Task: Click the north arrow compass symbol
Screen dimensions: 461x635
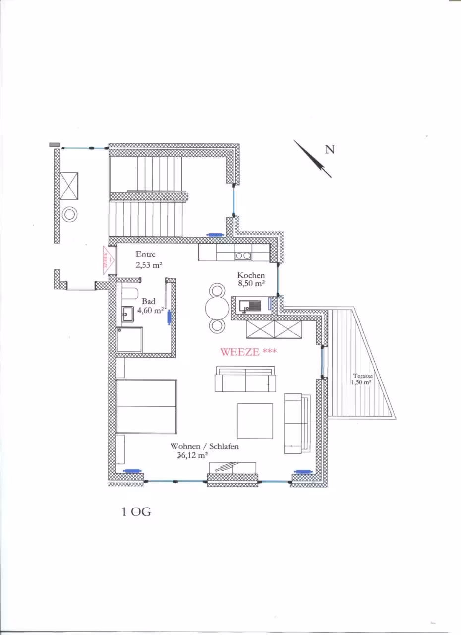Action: pyautogui.click(x=313, y=159)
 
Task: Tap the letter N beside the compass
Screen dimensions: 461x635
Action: pyautogui.click(x=330, y=149)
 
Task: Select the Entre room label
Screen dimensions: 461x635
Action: pyautogui.click(x=146, y=254)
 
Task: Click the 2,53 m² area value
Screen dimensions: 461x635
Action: pyautogui.click(x=149, y=265)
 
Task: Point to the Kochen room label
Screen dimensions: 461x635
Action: pyautogui.click(x=251, y=275)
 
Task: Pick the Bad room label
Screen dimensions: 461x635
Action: pyautogui.click(x=149, y=301)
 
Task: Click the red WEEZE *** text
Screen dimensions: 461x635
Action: pyautogui.click(x=248, y=352)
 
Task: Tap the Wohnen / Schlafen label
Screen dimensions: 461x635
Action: pyautogui.click(x=204, y=446)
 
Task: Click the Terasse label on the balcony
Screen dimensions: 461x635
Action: pyautogui.click(x=363, y=376)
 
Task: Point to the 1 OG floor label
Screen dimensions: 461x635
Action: pyautogui.click(x=136, y=512)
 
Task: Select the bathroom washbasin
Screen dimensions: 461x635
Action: pyautogui.click(x=128, y=314)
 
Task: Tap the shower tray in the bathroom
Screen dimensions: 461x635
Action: pyautogui.click(x=129, y=340)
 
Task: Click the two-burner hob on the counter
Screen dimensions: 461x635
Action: pyautogui.click(x=243, y=256)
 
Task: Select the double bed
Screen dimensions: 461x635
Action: pyautogui.click(x=147, y=406)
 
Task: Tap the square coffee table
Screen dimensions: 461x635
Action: pyautogui.click(x=255, y=421)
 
